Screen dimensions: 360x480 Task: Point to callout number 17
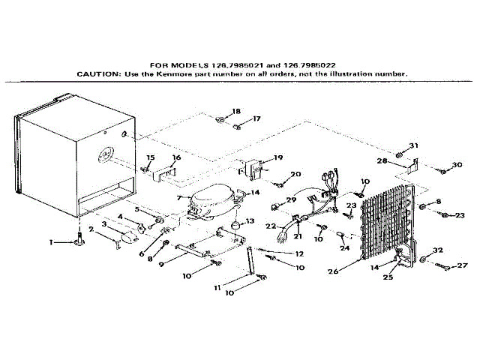point(256,118)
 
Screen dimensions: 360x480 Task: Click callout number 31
point(413,145)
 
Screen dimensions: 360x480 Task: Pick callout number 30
point(457,166)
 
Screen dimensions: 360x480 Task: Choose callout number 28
point(382,161)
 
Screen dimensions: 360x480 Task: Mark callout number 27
point(462,265)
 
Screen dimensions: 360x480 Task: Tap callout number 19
point(278,157)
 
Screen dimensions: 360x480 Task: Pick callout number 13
point(250,221)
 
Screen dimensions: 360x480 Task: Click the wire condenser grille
point(386,225)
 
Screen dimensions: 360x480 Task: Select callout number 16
point(177,158)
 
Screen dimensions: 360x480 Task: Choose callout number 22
point(272,226)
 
